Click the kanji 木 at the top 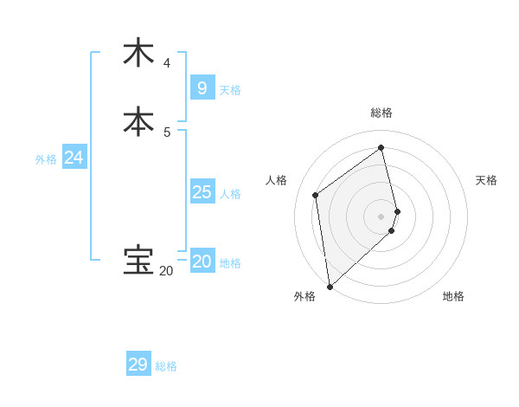138,53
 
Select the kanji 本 138,121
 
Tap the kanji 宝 138,261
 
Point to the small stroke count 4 167,63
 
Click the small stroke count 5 167,132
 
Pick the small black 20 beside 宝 165,271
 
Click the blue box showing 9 202,88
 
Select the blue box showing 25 202,192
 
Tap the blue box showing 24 74,158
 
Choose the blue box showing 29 138,365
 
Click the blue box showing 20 202,262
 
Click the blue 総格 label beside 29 166,366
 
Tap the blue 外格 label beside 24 46,159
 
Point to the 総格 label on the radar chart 381,113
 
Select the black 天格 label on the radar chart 486,180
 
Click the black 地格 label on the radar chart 453,296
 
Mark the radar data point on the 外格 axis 329,287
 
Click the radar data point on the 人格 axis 316,195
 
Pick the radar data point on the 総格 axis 381,147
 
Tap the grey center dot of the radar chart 381,216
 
